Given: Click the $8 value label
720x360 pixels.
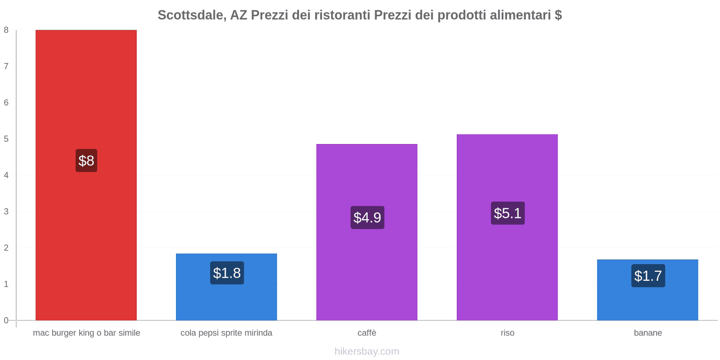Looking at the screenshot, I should click(86, 161).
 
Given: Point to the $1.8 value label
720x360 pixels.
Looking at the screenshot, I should click(227, 273).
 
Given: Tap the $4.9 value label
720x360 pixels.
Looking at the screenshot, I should click(367, 218).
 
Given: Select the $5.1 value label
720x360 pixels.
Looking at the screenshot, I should click(508, 213).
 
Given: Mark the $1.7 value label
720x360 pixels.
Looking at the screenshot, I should click(648, 276).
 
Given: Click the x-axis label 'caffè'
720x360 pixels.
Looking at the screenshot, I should click(367, 333).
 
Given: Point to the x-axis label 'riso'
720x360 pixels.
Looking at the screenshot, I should click(507, 333).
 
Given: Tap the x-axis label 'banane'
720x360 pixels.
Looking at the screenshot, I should click(648, 333).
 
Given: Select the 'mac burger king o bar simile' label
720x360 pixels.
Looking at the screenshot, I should click(86, 333).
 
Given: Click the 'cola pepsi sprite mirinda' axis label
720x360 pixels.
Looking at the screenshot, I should click(226, 333).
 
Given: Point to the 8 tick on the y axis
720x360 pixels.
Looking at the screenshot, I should click(6, 30).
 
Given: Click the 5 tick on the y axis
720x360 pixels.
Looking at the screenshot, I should click(6, 139).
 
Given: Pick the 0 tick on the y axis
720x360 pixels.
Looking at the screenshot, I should click(6, 320).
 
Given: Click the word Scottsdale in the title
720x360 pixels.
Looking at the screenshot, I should click(191, 15).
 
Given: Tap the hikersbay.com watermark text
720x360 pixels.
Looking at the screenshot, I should click(367, 351).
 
